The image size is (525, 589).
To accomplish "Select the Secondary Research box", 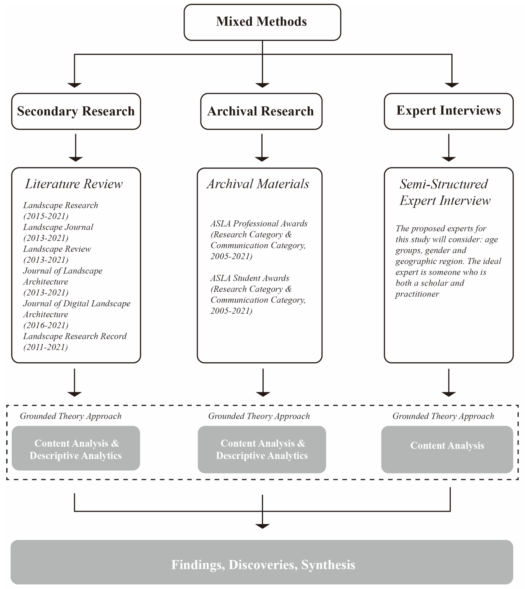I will (x=76, y=111).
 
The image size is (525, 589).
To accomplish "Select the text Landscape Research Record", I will (x=75, y=336).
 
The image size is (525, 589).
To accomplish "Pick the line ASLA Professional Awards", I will (x=259, y=224).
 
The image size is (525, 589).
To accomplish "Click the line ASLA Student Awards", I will (x=250, y=278).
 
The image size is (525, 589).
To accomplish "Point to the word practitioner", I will (x=417, y=294).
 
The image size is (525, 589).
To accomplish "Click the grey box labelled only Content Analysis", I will (x=447, y=446).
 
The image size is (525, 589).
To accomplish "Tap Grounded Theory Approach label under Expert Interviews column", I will (x=443, y=416).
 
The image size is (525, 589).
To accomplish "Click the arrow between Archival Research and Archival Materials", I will (x=262, y=147).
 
